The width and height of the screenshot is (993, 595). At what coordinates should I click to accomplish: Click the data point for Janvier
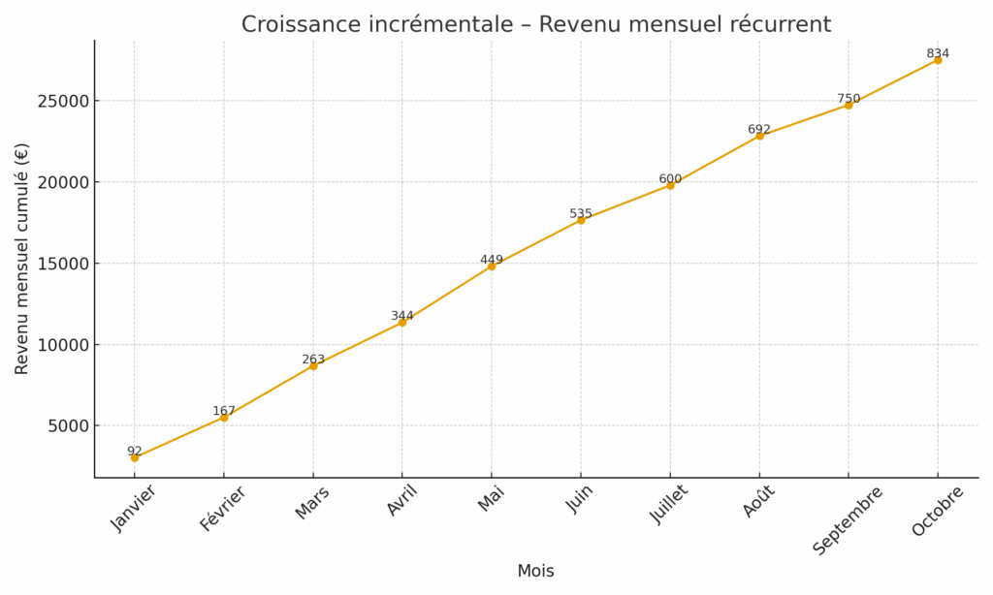[135, 457]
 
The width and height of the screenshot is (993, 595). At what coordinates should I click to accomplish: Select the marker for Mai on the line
[492, 266]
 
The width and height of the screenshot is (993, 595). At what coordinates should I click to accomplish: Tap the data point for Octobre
[938, 60]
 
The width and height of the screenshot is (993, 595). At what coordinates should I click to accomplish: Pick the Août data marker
[759, 136]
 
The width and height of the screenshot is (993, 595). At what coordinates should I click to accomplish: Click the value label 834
[938, 53]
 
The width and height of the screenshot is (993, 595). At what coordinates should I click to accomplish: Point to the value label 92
[135, 451]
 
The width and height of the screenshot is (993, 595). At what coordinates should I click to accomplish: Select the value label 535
[581, 213]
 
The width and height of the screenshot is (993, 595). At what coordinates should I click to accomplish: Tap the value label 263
[313, 360]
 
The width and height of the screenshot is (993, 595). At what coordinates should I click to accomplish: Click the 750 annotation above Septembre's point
[849, 99]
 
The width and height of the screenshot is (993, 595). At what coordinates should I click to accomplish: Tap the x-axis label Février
[223, 509]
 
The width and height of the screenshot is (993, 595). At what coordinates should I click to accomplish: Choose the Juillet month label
[669, 505]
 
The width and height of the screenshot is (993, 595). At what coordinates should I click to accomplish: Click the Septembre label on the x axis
[848, 520]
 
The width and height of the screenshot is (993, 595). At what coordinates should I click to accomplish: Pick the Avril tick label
[401, 501]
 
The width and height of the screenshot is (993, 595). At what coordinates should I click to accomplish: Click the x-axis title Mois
[535, 571]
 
